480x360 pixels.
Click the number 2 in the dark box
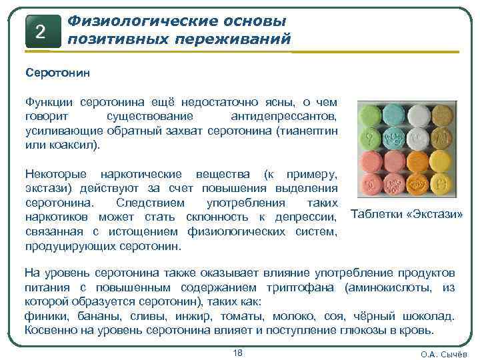[39, 31]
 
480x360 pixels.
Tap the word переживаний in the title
[233, 39]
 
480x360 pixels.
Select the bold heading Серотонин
[52, 71]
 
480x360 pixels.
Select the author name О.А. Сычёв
[443, 354]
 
